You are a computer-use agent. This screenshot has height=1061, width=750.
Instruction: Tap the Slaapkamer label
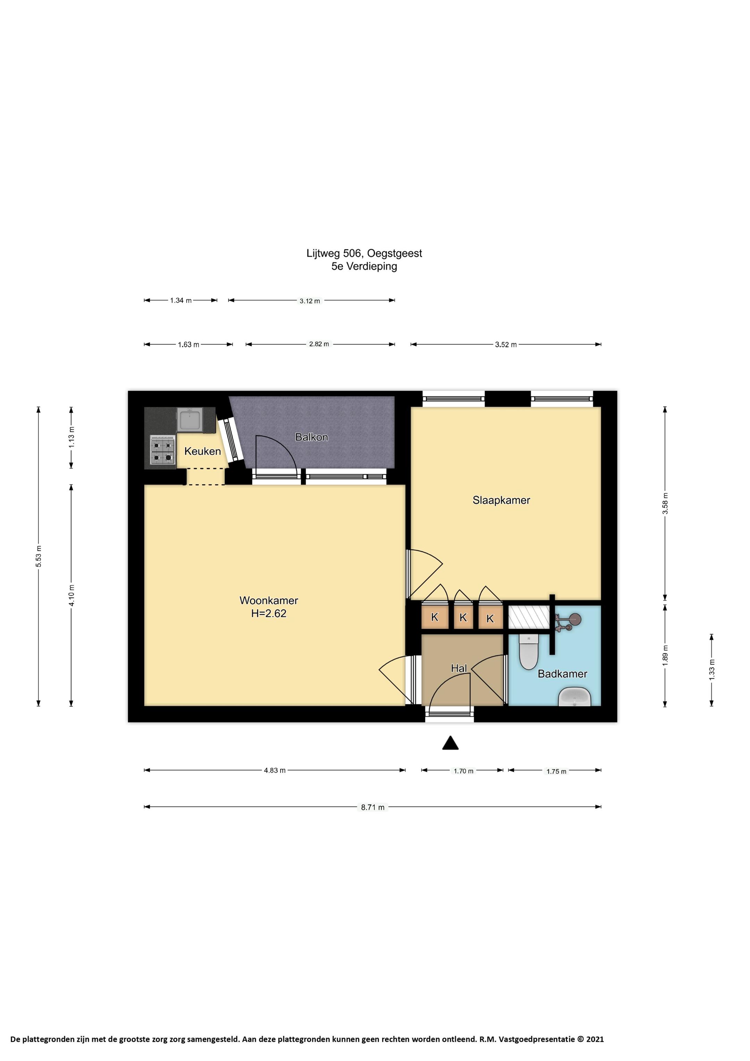click(x=501, y=500)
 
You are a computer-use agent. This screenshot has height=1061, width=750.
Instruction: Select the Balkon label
click(x=311, y=437)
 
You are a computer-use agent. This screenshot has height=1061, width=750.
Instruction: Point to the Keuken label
click(x=202, y=451)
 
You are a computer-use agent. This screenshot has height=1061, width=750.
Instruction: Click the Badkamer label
click(x=562, y=674)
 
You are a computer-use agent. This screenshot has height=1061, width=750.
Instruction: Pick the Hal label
click(x=459, y=668)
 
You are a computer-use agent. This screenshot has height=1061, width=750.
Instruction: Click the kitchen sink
click(x=190, y=420)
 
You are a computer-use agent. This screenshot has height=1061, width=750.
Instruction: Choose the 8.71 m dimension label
click(x=373, y=807)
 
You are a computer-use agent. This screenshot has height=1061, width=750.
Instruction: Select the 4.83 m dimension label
click(x=275, y=770)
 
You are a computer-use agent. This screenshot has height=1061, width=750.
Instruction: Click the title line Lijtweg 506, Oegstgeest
click(x=364, y=253)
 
